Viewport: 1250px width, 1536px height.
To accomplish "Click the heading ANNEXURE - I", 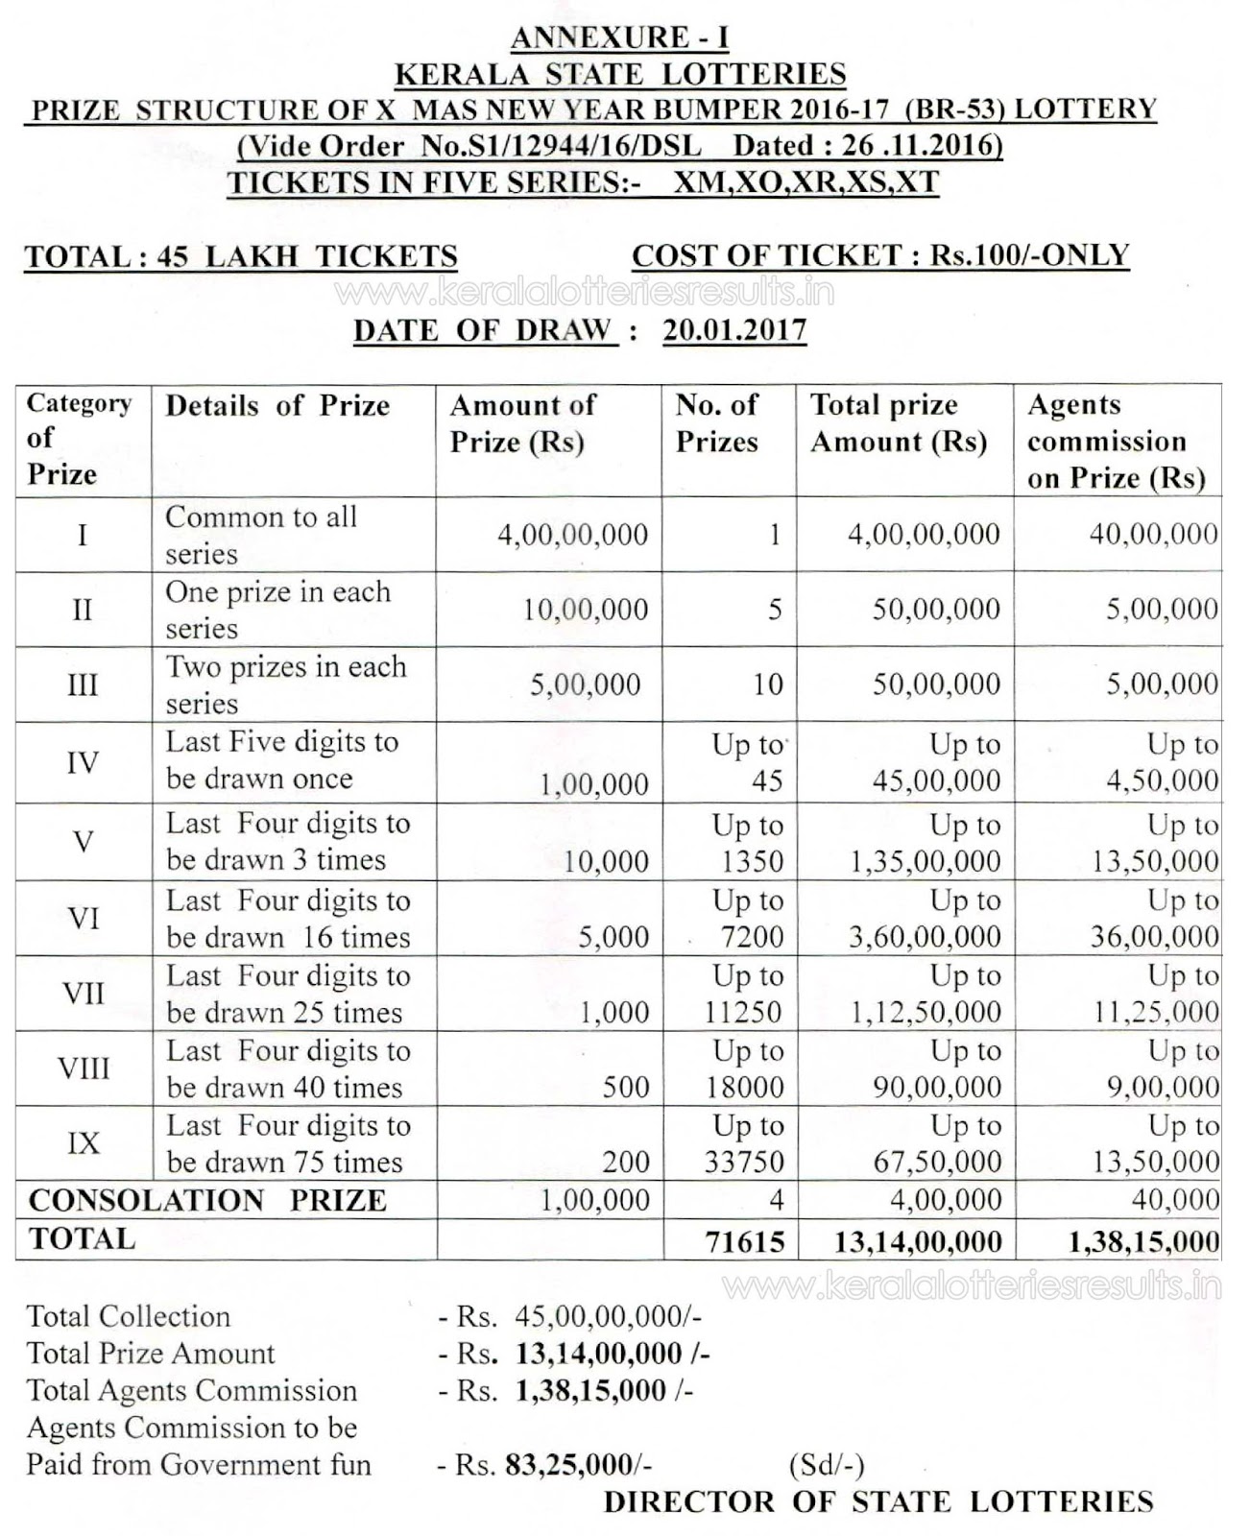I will coord(620,37).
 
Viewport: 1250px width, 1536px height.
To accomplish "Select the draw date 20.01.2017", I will coord(734,330).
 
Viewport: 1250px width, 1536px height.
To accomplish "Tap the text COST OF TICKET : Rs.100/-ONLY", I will coord(880,255).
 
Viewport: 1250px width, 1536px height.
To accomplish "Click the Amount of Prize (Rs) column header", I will coord(523,423).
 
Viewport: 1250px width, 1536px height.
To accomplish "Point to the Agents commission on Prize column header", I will coord(1116,442).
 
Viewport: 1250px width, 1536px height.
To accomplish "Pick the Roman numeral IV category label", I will coord(84,763).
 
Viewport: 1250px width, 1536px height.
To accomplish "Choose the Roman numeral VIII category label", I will coord(84,1068).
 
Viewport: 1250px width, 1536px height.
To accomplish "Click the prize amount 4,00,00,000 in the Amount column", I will coord(572,535).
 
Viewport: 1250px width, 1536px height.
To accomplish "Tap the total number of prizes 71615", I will coord(745,1241).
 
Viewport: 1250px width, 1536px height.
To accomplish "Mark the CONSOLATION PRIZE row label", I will coord(207,1201).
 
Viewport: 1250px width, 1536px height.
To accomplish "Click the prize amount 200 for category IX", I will coord(626,1163).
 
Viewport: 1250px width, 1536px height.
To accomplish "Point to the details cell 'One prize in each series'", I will coord(277,610).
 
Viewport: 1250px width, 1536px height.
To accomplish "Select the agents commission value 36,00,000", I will coord(1154,936).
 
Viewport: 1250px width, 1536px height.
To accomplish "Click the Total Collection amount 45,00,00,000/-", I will coord(607,1316).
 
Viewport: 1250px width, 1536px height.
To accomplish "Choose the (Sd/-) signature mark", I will coord(827,1465).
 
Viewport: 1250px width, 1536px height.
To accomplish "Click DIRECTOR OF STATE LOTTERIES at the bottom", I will coord(878,1502).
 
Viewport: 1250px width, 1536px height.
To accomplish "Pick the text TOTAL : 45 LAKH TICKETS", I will coord(241,257).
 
